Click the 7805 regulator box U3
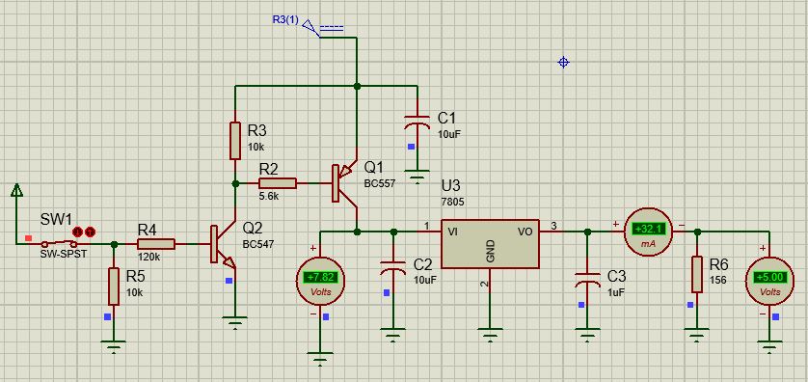tap(490, 244)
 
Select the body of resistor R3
tap(235, 141)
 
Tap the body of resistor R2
tap(278, 183)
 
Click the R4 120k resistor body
tap(156, 244)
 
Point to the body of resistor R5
tap(114, 286)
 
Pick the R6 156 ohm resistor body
tap(697, 274)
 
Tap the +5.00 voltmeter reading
tap(769, 277)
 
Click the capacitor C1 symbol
tap(417, 122)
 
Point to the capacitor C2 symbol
tap(392, 267)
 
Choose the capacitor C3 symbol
tap(587, 280)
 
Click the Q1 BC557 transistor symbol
tap(344, 183)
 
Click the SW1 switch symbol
tap(59, 243)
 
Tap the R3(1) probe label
tap(285, 20)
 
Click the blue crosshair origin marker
tap(564, 63)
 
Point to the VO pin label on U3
tap(525, 232)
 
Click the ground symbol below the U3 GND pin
tap(490, 334)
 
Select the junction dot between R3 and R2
tap(235, 183)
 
